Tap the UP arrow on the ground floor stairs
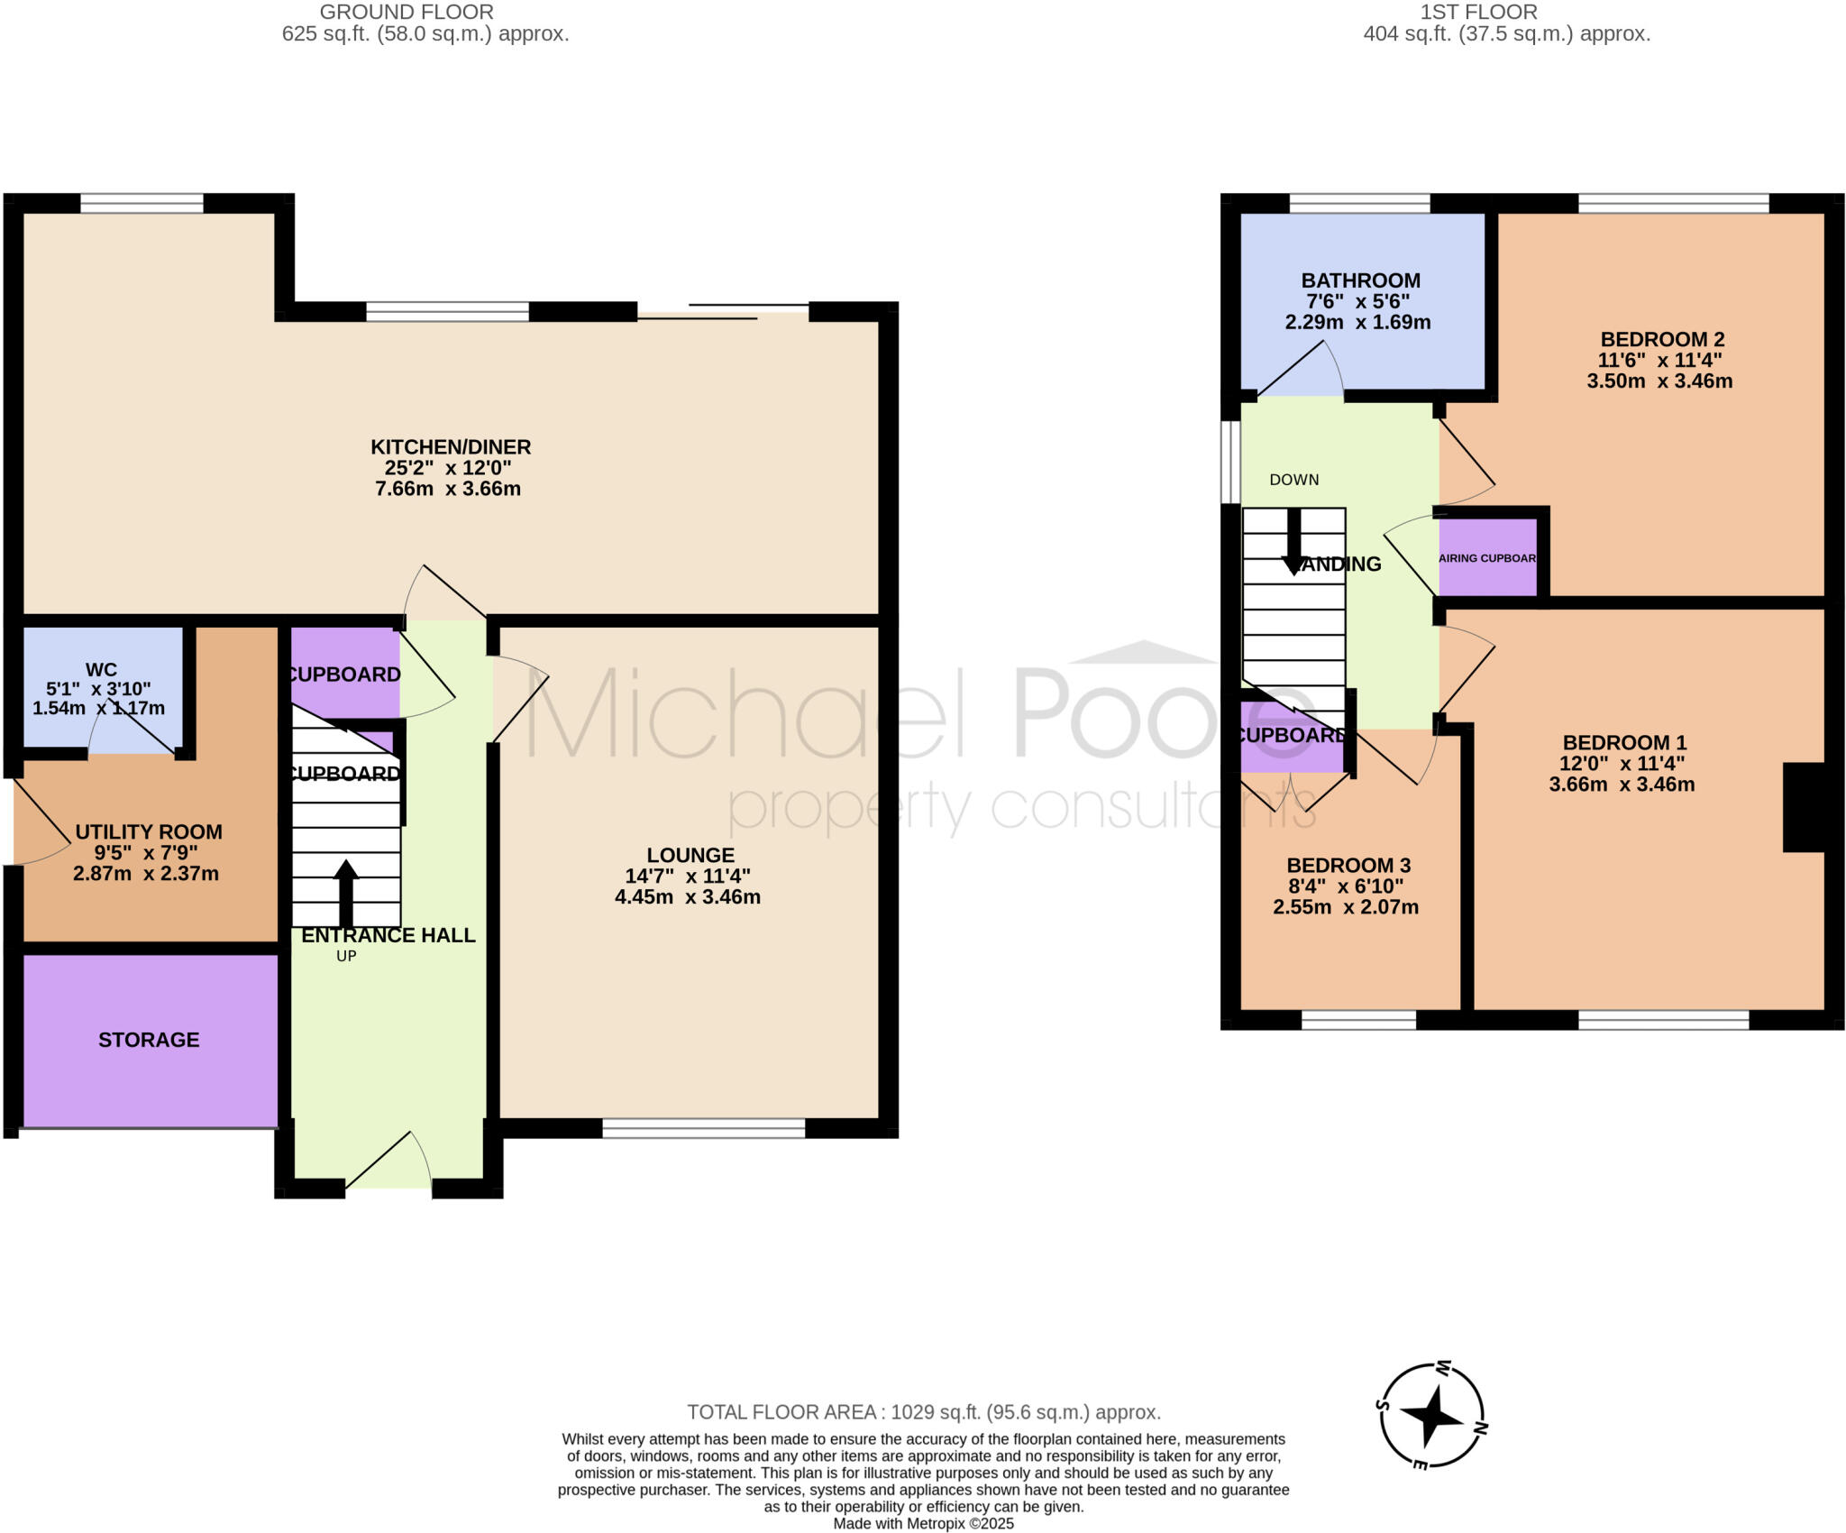coord(346,893)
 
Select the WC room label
coord(101,670)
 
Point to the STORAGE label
coord(149,1040)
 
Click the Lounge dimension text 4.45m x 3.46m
coord(688,897)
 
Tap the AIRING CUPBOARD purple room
coord(1487,557)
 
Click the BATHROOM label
coord(1360,280)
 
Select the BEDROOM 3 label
coord(1348,866)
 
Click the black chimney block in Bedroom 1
coord(1804,807)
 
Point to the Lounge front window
coord(703,1127)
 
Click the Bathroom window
coord(1359,204)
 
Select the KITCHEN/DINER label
coord(451,447)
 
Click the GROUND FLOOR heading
coord(407,13)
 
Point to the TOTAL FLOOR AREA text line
coord(924,1412)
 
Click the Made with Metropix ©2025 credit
coord(923,1524)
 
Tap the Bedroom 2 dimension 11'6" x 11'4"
coord(1659,361)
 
